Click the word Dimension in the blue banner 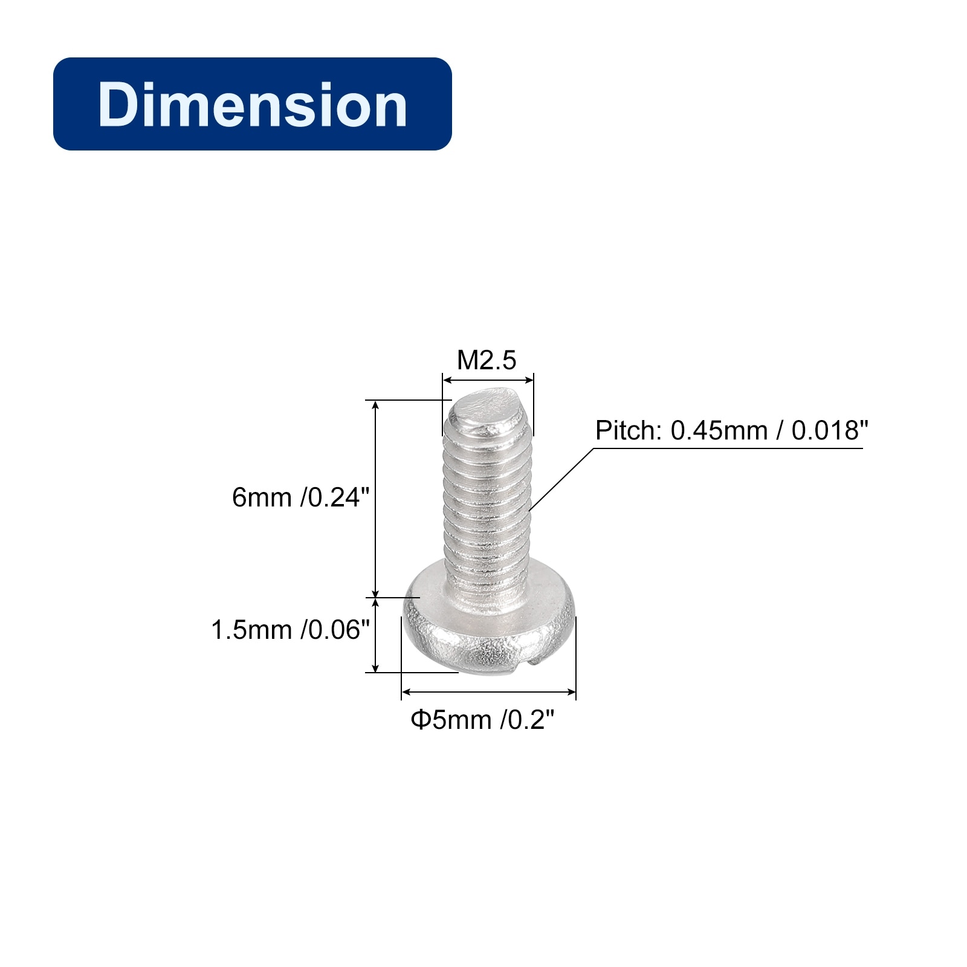[253, 105]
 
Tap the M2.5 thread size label [487, 360]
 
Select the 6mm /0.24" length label [300, 497]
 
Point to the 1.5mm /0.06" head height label [290, 630]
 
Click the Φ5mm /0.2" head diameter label [482, 720]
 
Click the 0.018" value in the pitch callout [830, 430]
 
